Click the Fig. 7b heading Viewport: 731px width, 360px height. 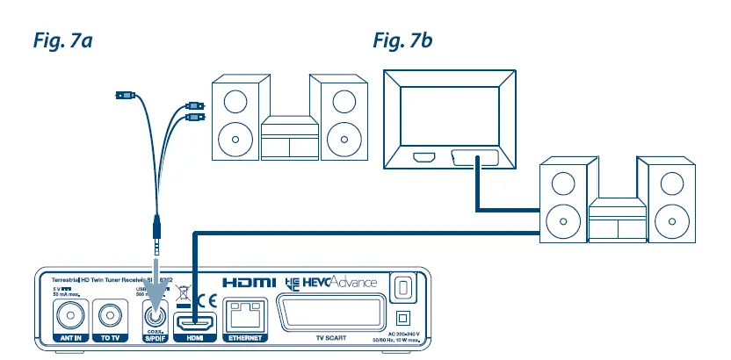coord(402,40)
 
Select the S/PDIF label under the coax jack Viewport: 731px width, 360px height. coord(155,336)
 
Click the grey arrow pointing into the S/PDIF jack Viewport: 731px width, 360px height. coord(155,277)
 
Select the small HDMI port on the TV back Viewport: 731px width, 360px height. coord(423,160)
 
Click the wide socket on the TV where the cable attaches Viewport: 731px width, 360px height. coord(475,160)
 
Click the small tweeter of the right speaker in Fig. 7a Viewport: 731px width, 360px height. coord(342,99)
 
